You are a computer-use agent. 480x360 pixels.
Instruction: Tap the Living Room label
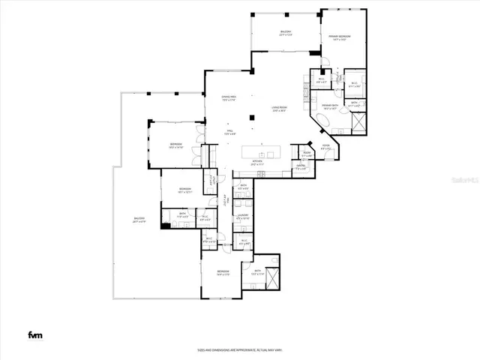(279, 110)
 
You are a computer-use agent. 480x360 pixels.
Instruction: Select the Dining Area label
(229, 98)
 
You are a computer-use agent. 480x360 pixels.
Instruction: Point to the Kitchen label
(256, 162)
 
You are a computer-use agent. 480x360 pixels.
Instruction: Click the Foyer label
(326, 147)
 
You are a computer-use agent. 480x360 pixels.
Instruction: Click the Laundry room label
(242, 217)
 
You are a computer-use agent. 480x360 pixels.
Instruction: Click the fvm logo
(35, 334)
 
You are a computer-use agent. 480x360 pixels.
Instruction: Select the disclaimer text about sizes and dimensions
(239, 349)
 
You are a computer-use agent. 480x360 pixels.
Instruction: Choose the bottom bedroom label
(223, 272)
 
